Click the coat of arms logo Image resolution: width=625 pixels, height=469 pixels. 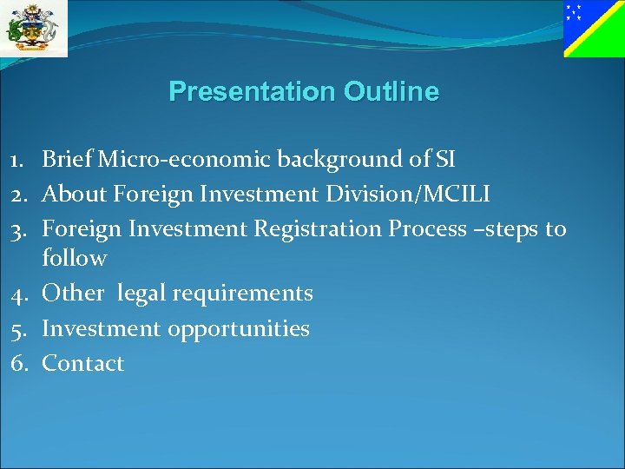(34, 28)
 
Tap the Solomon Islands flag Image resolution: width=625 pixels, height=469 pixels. (594, 29)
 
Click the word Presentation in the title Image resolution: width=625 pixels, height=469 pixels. (252, 91)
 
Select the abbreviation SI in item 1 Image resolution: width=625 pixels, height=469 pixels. (443, 159)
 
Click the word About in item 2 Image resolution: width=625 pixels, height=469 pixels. (69, 194)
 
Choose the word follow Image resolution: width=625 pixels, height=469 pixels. (75, 258)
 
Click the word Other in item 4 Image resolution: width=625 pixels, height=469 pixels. (72, 294)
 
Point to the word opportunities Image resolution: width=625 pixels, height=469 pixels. (239, 329)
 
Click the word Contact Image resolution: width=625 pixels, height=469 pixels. (82, 364)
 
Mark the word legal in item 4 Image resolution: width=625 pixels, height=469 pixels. (141, 294)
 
